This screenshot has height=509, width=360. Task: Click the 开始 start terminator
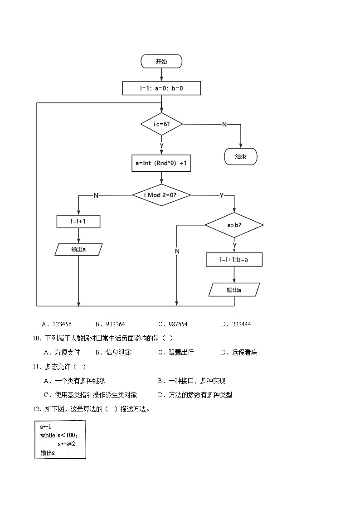point(161,61)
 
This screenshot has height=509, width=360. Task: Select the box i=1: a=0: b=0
point(161,88)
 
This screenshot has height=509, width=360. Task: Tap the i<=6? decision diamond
point(161,124)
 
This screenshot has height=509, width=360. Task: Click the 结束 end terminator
point(241,157)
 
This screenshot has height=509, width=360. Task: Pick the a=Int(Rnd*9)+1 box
point(161,163)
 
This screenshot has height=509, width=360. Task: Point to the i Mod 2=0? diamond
point(161,195)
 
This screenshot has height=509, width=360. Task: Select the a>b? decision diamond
point(234,225)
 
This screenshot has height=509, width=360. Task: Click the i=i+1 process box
point(78,222)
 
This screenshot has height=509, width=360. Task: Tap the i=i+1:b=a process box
point(234,260)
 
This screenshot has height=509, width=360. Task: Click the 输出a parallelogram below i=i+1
point(78,249)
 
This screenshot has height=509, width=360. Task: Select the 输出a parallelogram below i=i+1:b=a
point(234,290)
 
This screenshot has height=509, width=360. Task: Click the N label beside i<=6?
point(224,124)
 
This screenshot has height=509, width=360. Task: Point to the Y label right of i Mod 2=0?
point(221,195)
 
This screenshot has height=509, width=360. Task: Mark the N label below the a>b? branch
point(177,251)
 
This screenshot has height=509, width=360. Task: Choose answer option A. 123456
point(57,324)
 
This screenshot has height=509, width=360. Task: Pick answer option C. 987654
point(173,324)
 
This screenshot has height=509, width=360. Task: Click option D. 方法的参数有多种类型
point(195,395)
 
